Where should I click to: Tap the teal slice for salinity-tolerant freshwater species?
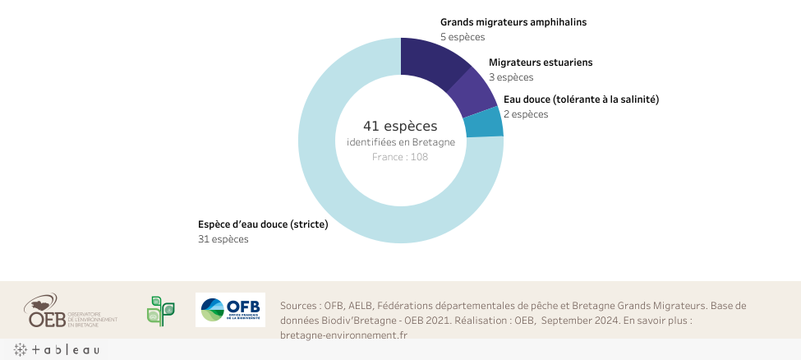click(x=485, y=124)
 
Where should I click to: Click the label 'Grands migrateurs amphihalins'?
click(x=513, y=22)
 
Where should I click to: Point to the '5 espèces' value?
click(x=463, y=37)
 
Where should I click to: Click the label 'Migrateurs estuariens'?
click(x=541, y=62)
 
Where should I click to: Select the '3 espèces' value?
click(x=511, y=77)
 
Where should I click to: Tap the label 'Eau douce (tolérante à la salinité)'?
click(x=581, y=99)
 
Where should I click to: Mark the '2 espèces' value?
click(x=526, y=114)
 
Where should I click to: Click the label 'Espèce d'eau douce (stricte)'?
click(x=263, y=224)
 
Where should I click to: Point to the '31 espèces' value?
click(x=223, y=239)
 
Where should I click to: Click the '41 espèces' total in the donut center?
click(x=400, y=126)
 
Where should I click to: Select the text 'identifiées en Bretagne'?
click(x=400, y=143)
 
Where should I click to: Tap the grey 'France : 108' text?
click(x=400, y=157)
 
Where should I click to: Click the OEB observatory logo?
click(x=71, y=311)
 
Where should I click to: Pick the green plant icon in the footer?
click(x=160, y=311)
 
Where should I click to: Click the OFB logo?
click(x=230, y=310)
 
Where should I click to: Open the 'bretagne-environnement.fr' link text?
click(x=343, y=335)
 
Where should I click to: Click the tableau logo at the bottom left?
click(x=58, y=350)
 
